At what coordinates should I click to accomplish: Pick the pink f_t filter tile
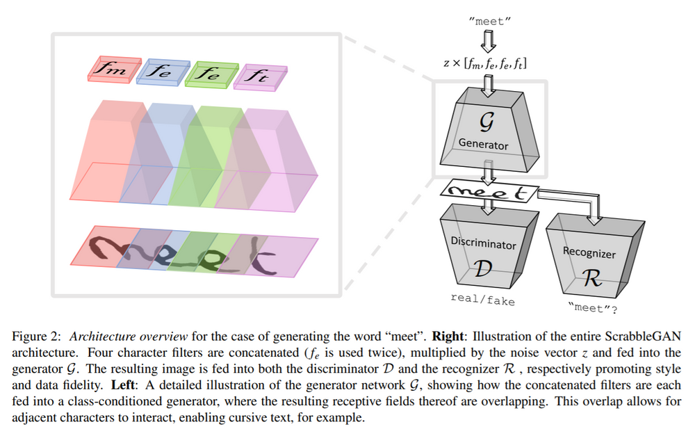(x=258, y=76)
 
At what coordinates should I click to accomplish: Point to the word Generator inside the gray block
(x=483, y=145)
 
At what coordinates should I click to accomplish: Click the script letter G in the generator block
(x=485, y=122)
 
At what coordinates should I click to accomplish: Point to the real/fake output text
(x=481, y=300)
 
